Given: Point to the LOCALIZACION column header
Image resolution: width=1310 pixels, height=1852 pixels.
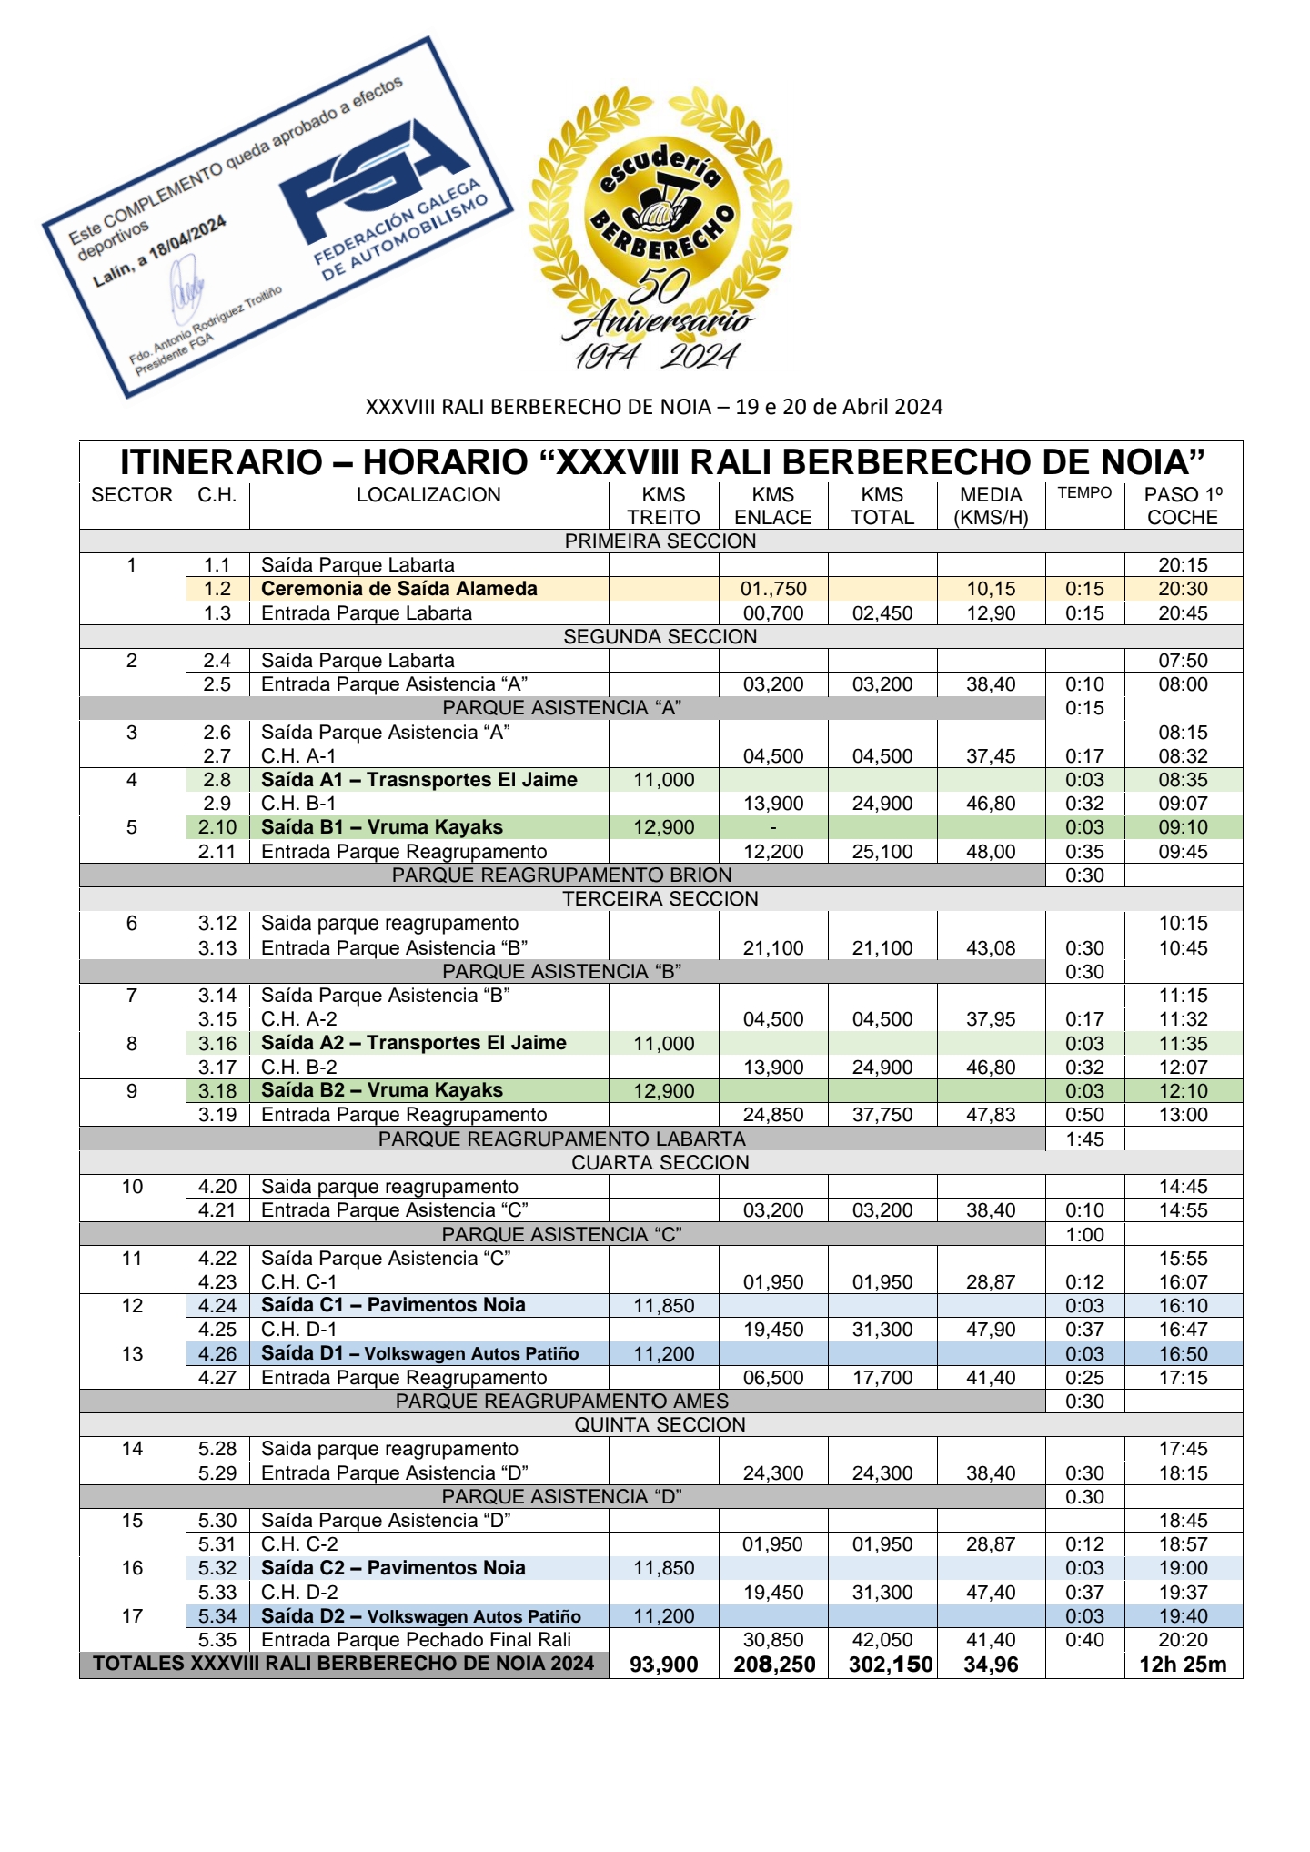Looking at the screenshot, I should [x=428, y=495].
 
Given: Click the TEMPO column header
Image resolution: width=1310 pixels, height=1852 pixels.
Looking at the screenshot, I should [x=1084, y=493].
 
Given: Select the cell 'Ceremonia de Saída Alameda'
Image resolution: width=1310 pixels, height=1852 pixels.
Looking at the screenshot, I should [x=398, y=589].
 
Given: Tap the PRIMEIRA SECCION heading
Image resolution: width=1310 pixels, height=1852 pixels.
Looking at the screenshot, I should [x=660, y=541].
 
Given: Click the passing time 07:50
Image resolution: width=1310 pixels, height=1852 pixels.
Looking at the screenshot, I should [x=1183, y=661].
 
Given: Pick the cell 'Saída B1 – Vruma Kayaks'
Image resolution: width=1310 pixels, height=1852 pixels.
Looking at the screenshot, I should [x=381, y=827].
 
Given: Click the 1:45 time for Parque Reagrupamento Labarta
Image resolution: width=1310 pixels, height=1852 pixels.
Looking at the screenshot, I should [x=1084, y=1139].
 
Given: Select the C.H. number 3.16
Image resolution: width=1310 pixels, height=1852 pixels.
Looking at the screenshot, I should [x=217, y=1044].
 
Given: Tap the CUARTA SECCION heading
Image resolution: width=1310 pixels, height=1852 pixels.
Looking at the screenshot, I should [x=660, y=1163].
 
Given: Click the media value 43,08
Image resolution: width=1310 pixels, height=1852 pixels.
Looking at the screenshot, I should [x=991, y=948].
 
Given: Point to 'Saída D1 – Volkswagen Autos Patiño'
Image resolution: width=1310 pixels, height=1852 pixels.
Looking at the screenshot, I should [x=419, y=1353].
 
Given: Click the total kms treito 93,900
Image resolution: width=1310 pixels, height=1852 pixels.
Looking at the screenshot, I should [x=663, y=1665].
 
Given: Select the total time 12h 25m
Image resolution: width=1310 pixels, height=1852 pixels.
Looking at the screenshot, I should [x=1183, y=1665].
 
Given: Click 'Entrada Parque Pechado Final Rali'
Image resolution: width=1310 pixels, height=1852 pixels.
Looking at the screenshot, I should [x=416, y=1640].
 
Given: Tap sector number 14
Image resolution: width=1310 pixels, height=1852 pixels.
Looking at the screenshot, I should [x=132, y=1449].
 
